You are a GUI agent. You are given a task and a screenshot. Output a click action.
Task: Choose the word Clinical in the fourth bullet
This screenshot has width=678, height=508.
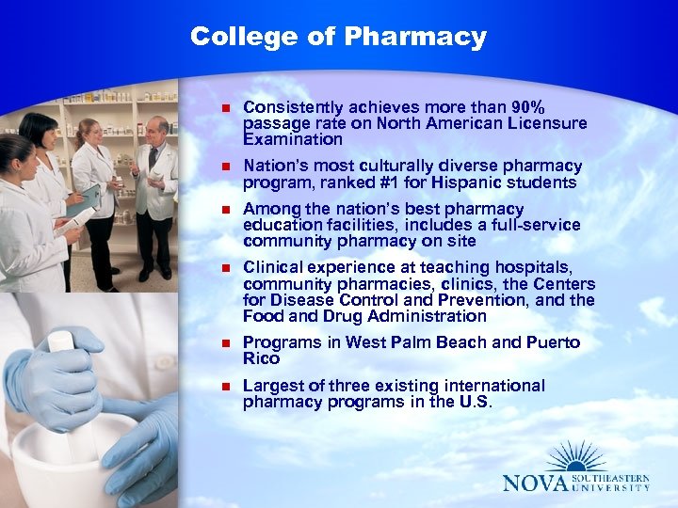(273, 268)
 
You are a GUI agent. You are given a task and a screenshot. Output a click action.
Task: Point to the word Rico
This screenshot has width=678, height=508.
(260, 358)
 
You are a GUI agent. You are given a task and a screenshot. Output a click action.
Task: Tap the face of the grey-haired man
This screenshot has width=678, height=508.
(157, 130)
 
